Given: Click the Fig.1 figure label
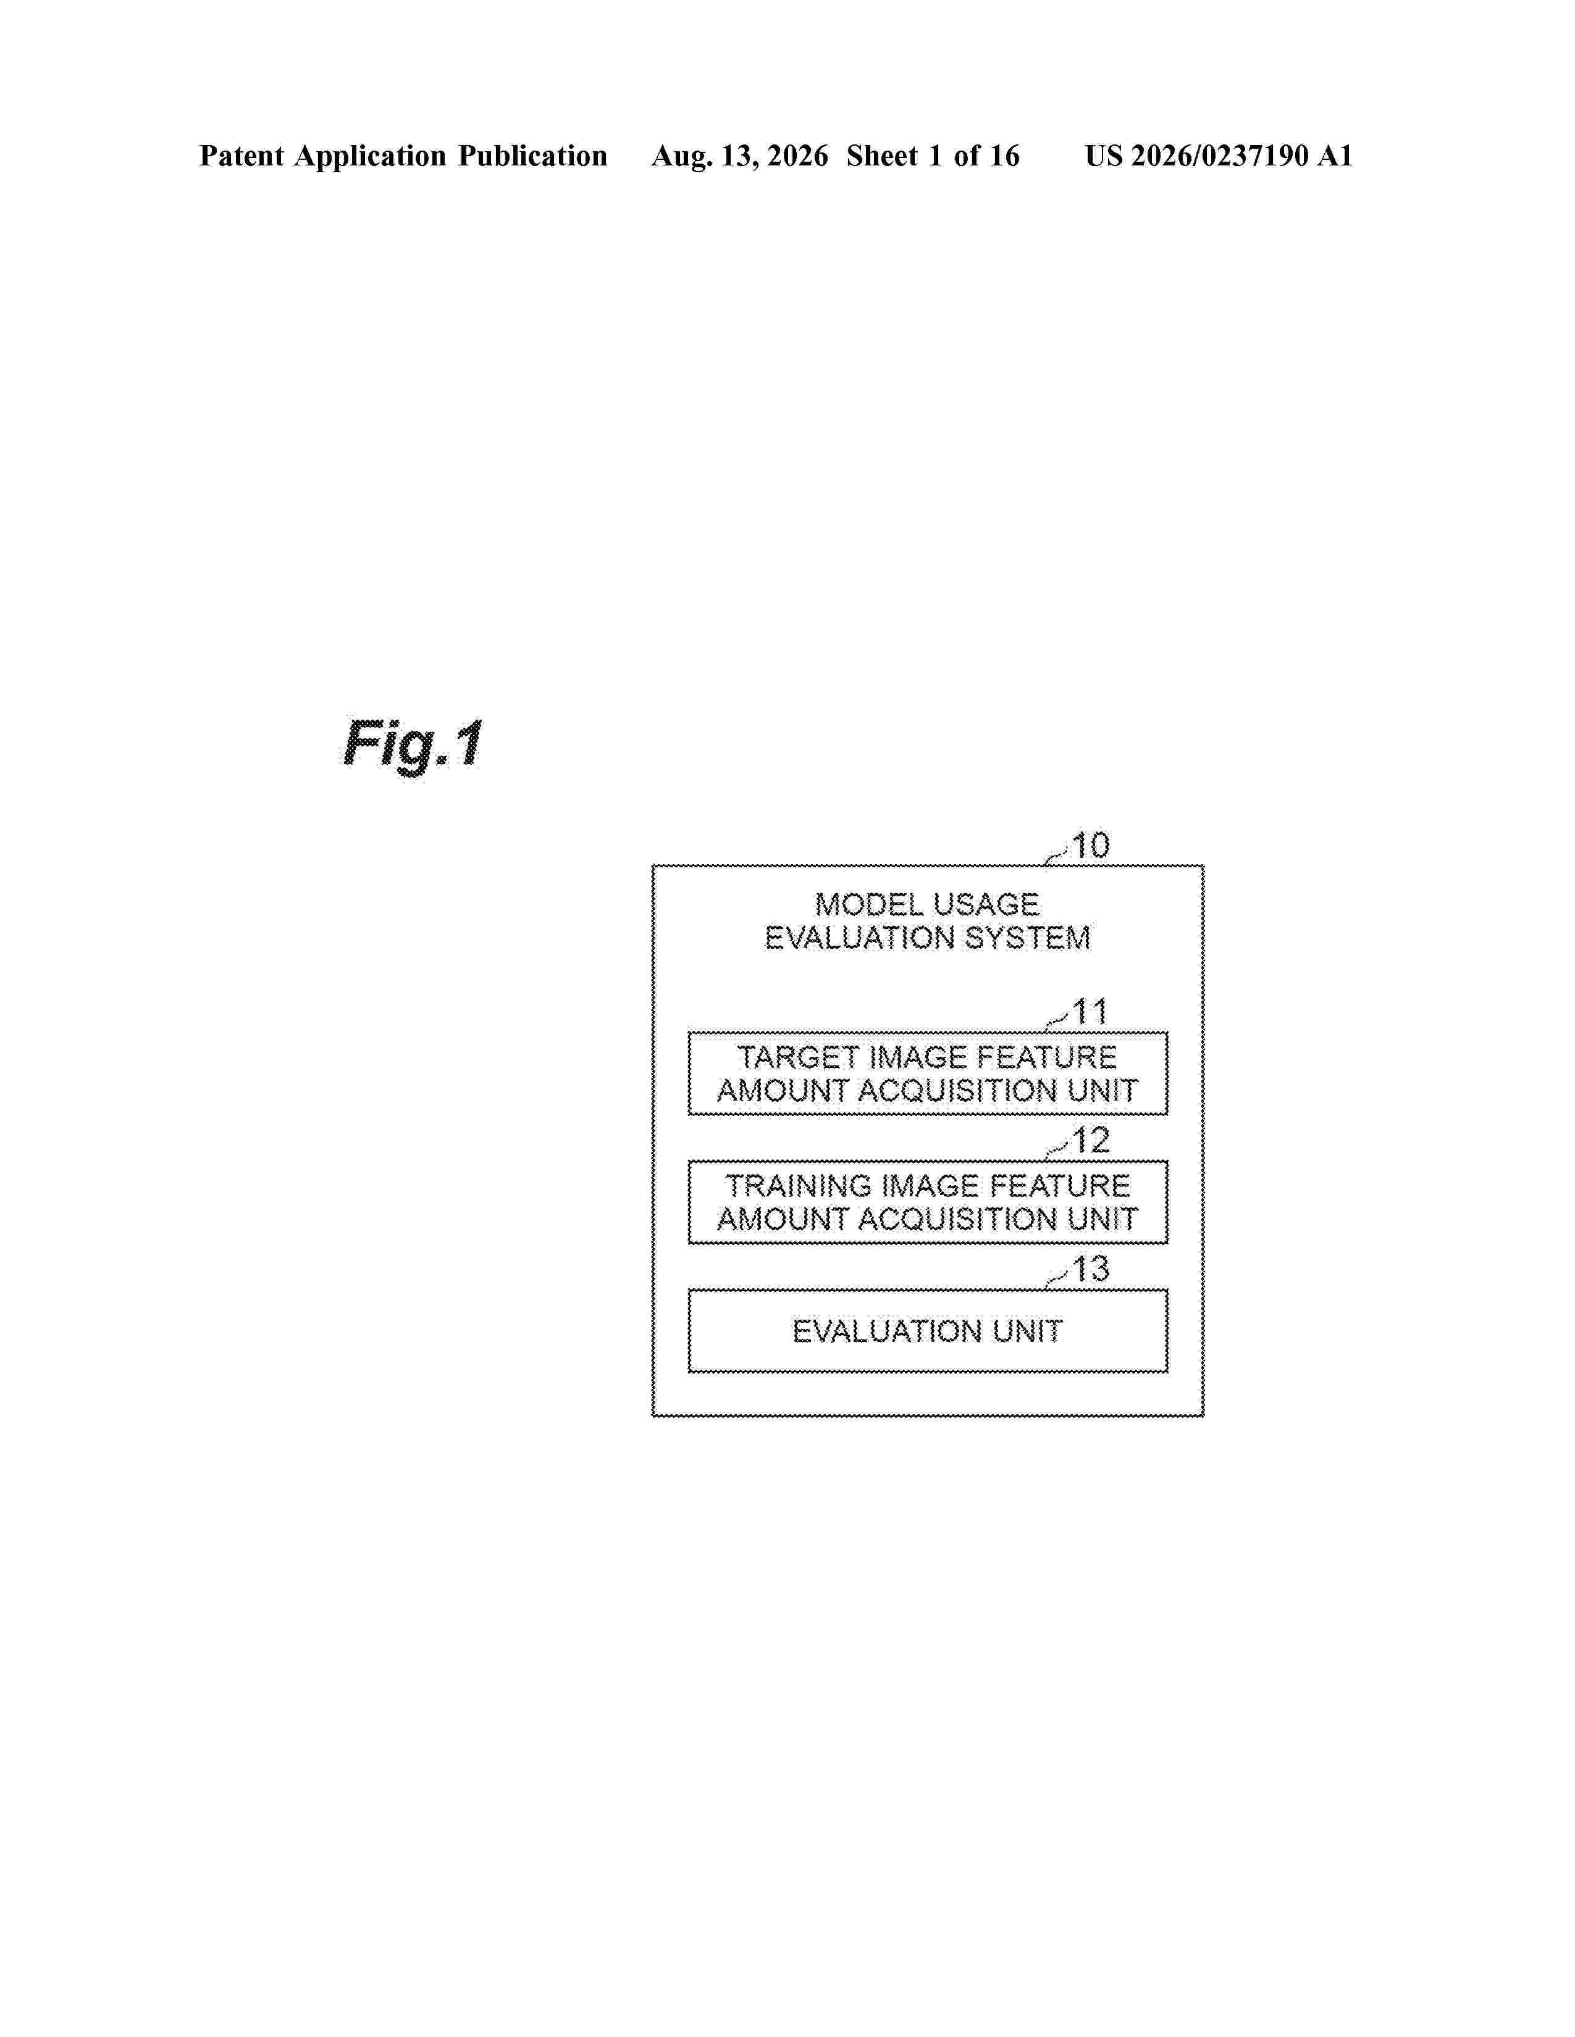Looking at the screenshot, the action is tap(413, 744).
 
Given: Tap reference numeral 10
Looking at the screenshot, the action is tap(1090, 846).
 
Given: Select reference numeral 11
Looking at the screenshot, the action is tap(1090, 1012).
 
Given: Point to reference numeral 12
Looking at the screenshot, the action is tap(1090, 1141).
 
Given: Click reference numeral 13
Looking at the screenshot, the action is tap(1090, 1269).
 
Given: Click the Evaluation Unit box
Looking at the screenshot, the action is tap(928, 1331).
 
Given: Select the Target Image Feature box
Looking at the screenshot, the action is tap(928, 1073).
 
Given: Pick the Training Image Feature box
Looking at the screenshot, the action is tap(928, 1202).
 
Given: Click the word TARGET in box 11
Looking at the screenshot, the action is tap(798, 1057).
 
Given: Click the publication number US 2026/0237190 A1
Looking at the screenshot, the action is tap(1219, 156).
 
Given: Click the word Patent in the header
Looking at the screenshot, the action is tap(241, 156).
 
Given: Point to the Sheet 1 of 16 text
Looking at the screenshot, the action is tap(933, 156).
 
